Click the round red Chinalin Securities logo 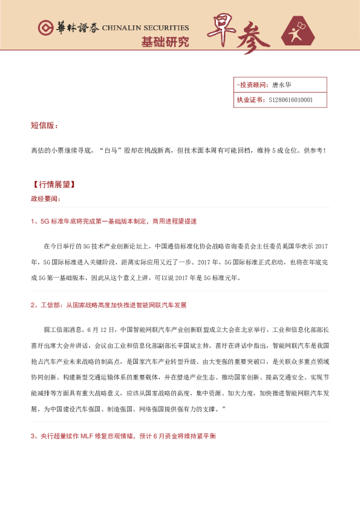[45, 28]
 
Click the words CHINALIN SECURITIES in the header [145, 28]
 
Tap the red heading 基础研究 [165, 43]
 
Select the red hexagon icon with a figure [301, 33]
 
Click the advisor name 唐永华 [283, 85]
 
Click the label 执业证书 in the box [249, 100]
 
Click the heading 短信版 [44, 126]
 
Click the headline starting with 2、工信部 [109, 305]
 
